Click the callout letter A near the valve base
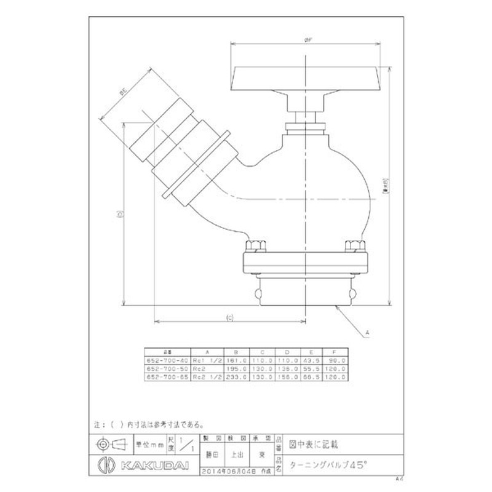pos(368,333)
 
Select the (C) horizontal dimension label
pos(229,317)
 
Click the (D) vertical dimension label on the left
pos(121,214)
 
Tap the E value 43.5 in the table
pos(314,360)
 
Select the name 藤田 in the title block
pos(208,456)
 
